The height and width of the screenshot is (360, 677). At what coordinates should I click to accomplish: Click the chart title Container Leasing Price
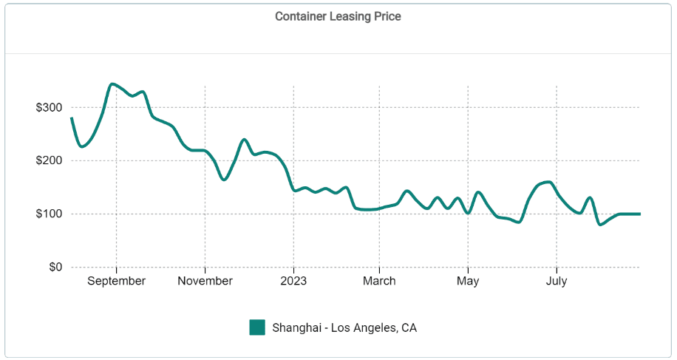[338, 16]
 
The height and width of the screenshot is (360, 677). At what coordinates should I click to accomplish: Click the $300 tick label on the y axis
[49, 107]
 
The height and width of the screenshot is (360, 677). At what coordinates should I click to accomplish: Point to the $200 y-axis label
[49, 160]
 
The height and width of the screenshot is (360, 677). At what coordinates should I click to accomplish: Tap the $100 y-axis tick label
[49, 214]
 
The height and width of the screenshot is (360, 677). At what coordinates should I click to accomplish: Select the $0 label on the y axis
[55, 267]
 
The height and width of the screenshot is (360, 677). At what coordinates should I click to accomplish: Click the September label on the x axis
[116, 281]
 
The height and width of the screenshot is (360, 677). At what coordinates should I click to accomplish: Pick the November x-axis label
[205, 281]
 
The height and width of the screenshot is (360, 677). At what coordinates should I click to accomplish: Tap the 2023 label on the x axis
[293, 281]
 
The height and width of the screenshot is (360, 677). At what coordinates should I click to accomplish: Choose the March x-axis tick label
[379, 281]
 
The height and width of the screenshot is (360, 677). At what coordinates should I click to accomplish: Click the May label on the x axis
[468, 281]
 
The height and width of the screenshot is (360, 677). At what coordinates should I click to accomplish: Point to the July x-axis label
[557, 281]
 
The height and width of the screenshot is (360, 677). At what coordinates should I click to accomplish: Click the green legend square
[257, 327]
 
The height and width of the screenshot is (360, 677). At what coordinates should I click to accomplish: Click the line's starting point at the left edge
[71, 118]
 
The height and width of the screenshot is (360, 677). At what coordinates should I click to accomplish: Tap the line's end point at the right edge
[639, 214]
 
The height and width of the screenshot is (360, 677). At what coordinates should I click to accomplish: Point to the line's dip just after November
[224, 180]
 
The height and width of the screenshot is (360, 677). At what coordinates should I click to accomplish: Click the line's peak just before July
[548, 182]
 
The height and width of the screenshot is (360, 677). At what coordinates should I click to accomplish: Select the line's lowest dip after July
[600, 224]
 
